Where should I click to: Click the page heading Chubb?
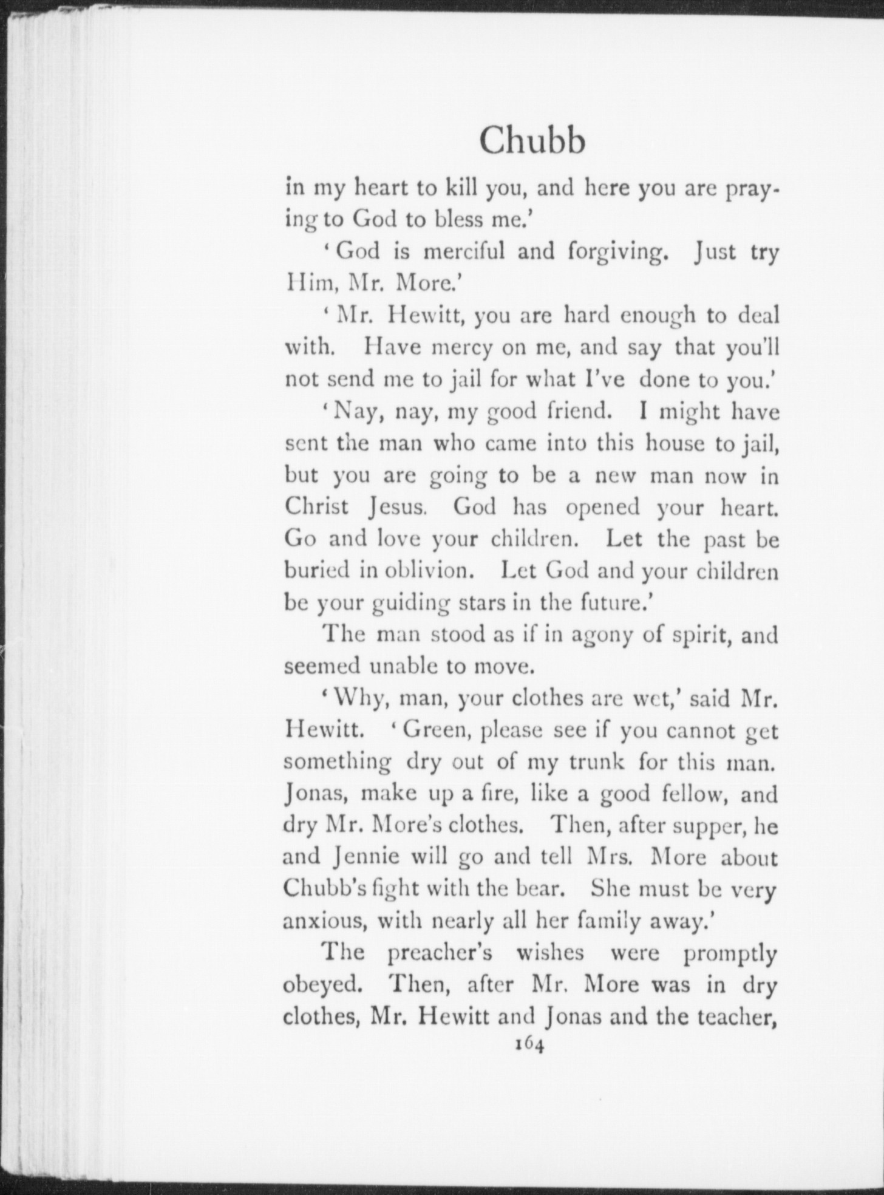532,142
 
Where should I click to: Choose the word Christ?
316,507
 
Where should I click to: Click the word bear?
541,889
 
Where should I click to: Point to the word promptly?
730,953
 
